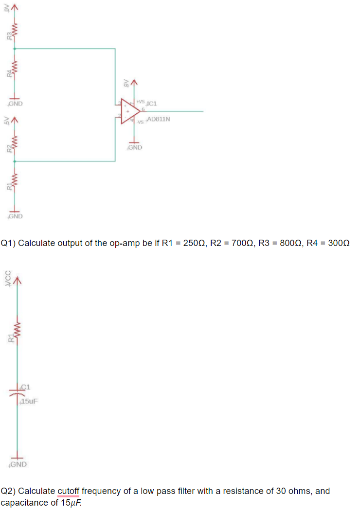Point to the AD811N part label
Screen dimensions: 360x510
158,119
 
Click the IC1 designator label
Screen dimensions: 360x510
151,103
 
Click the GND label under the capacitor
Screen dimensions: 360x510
19,464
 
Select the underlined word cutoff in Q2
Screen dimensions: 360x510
68,491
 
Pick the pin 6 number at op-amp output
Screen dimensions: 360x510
143,108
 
